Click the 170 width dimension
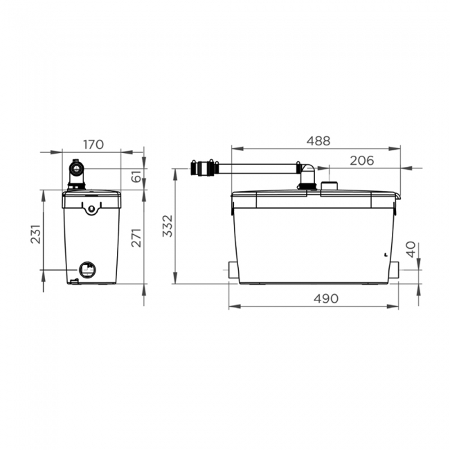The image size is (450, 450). (x=93, y=145)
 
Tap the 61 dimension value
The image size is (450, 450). (x=136, y=179)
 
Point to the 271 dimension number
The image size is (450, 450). (x=136, y=237)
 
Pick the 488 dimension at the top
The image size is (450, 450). (x=318, y=141)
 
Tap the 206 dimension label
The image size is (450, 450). (x=361, y=161)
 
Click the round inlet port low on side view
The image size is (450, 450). (x=87, y=269)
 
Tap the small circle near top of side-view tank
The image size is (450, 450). (x=91, y=208)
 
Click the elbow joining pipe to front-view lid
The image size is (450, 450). (x=306, y=173)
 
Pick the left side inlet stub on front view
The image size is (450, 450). (x=231, y=270)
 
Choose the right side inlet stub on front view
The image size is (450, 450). (x=395, y=270)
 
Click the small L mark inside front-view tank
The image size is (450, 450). (x=384, y=253)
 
